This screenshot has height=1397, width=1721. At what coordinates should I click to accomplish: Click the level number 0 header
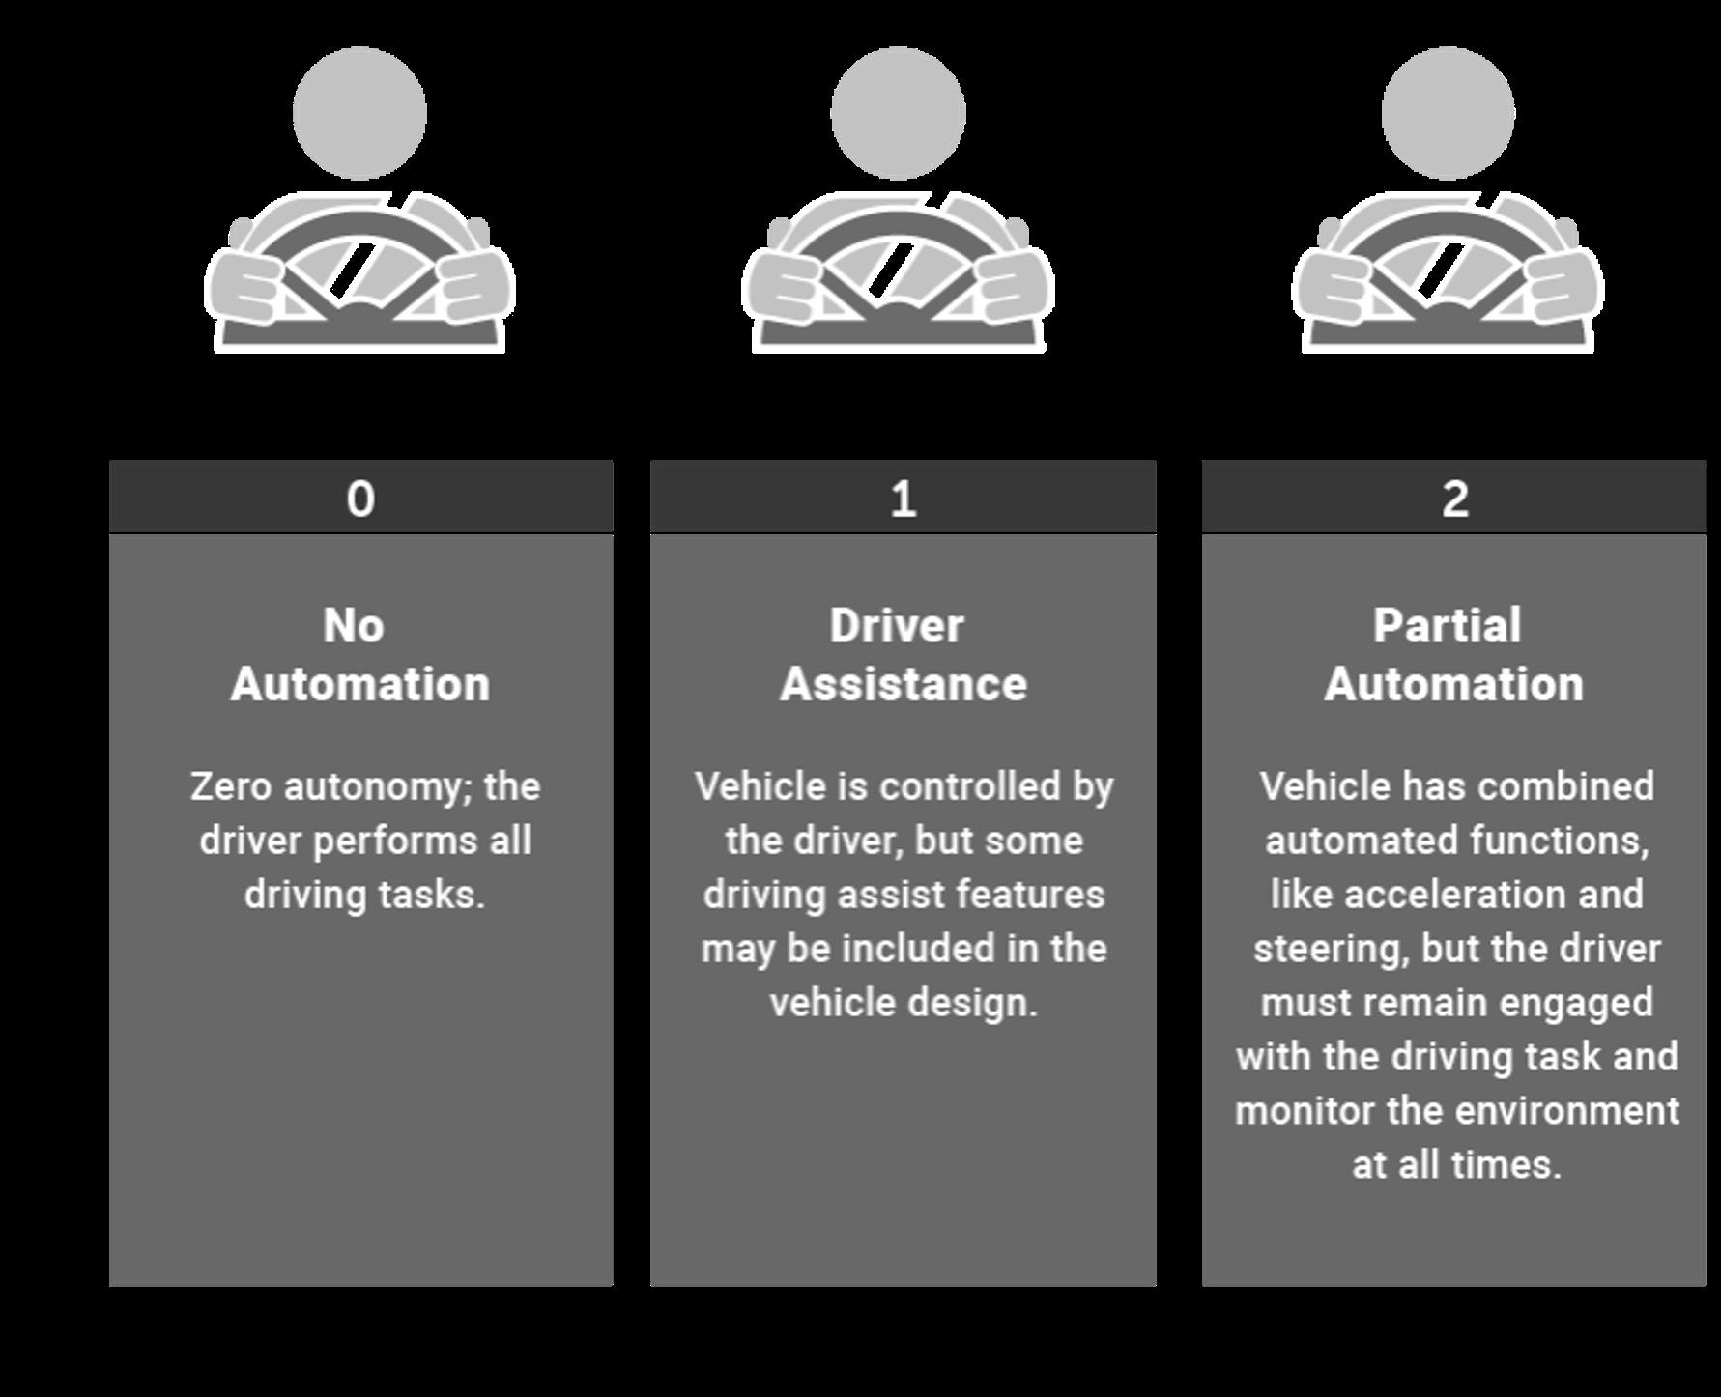[360, 499]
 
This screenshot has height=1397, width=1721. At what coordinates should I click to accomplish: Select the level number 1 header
[903, 499]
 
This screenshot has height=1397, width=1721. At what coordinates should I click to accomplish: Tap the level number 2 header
[1454, 499]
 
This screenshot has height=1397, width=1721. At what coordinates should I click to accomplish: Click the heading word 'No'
[354, 626]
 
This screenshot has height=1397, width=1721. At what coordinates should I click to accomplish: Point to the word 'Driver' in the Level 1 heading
[897, 626]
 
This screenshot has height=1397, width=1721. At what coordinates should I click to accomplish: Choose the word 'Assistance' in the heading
[904, 684]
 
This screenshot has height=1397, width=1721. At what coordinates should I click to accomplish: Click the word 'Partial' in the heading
[1448, 626]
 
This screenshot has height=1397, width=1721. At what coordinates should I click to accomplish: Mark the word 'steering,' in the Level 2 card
[1331, 950]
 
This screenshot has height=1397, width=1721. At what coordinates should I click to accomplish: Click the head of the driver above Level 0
[359, 113]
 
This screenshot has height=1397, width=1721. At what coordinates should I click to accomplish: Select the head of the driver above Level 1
[898, 113]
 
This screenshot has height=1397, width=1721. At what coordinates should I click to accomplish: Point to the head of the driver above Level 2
[1448, 113]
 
